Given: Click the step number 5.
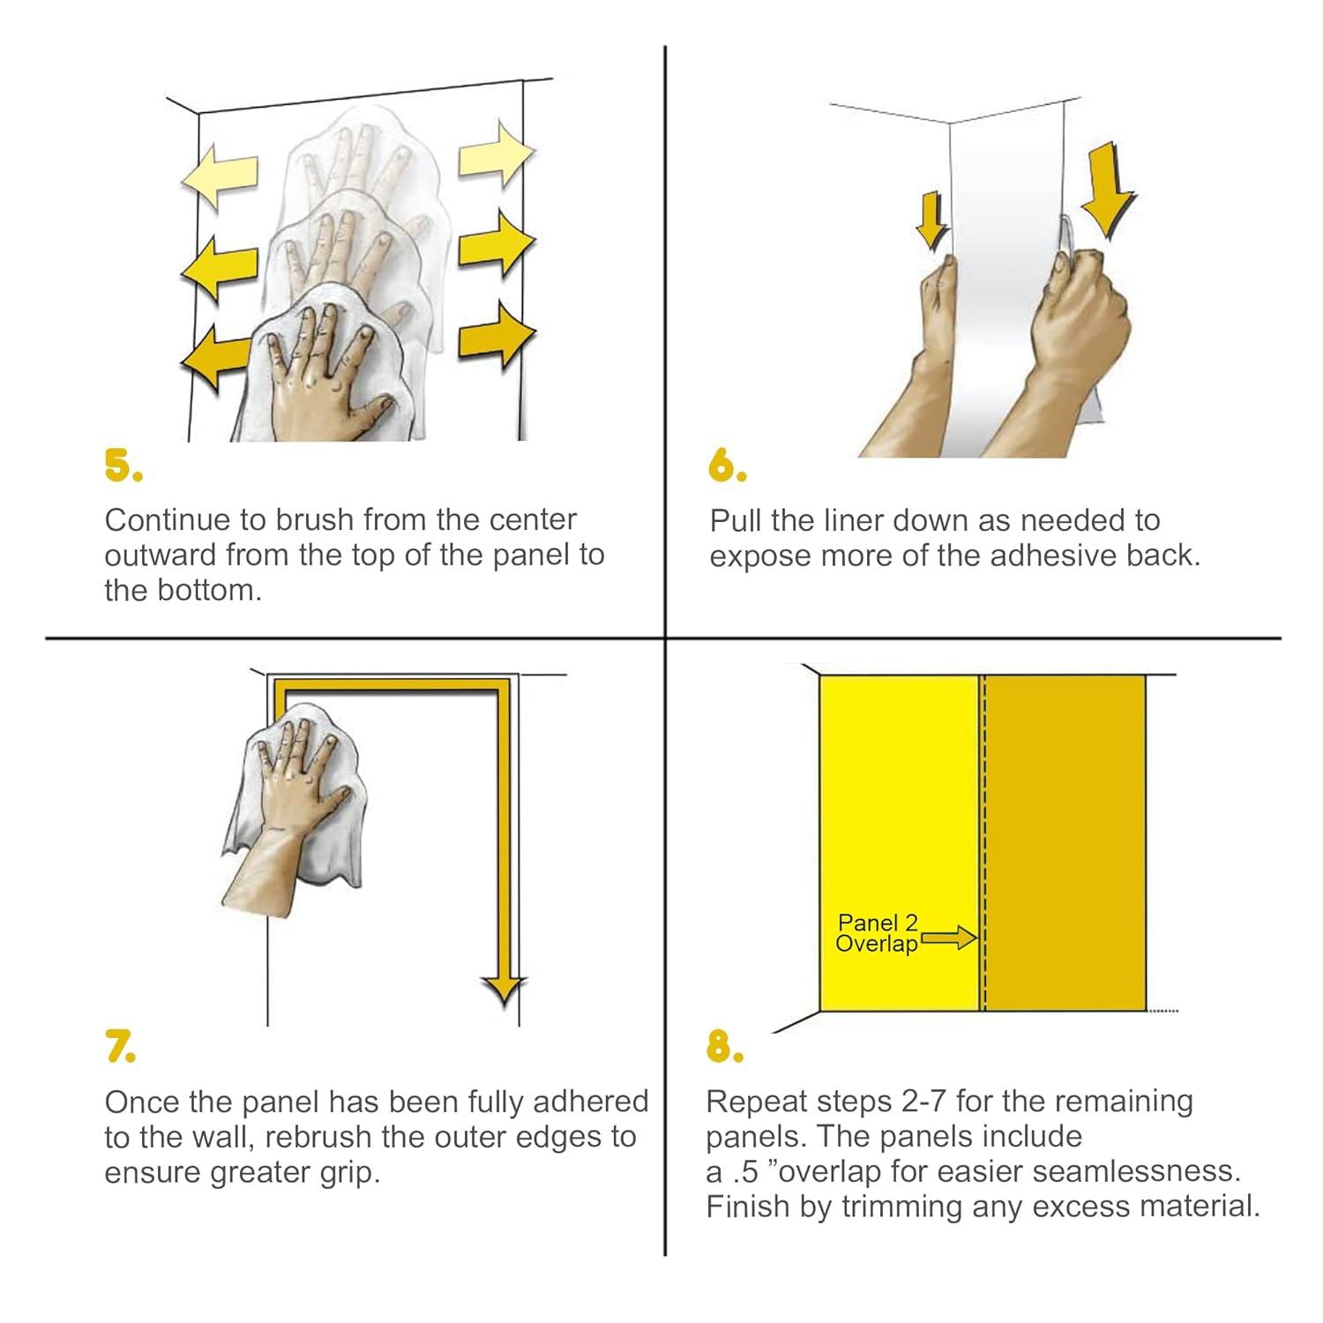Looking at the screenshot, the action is [123, 466].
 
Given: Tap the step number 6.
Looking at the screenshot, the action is [728, 466].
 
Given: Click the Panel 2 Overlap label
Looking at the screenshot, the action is [878, 933].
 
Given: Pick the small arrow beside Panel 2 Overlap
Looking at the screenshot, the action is [949, 938].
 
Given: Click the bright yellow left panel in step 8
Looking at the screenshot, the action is [901, 842].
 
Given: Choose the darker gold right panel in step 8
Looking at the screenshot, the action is [1065, 842].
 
